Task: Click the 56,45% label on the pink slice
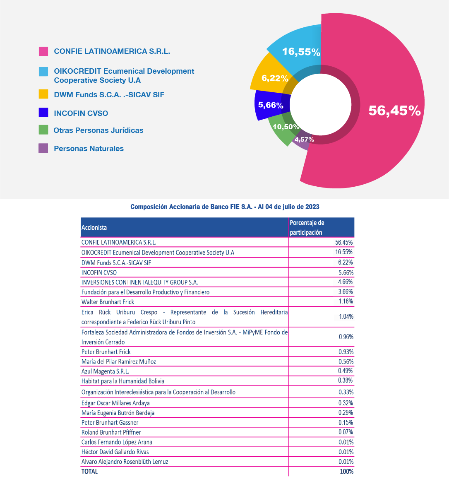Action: point(394,110)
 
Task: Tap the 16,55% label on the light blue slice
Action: point(301,52)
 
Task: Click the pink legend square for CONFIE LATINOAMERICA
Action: point(43,51)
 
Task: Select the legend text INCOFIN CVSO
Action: point(81,113)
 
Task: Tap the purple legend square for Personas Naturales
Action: point(43,148)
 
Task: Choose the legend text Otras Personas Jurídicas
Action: point(98,130)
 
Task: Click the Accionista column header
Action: point(94,227)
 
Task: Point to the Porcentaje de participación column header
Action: point(307,227)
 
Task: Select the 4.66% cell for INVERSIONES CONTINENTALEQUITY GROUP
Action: point(345,282)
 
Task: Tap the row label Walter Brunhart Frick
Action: point(108,302)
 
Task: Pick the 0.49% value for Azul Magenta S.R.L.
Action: point(345,371)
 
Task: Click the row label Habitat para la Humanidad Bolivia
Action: point(123,381)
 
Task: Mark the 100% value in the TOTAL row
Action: point(346,471)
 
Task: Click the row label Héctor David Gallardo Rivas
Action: point(115,452)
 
